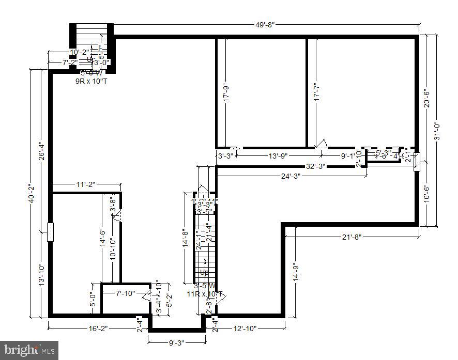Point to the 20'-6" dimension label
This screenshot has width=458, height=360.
click(x=426, y=96)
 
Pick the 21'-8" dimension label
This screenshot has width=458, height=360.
click(x=351, y=237)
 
